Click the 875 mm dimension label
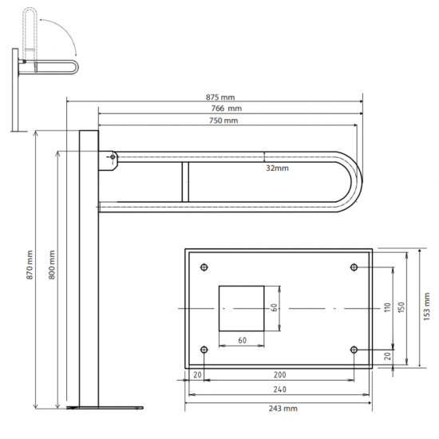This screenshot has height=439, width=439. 220,97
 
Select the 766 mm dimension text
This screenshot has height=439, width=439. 226,109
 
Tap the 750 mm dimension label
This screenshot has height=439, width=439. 223,121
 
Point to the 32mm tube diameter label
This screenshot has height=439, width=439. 277,168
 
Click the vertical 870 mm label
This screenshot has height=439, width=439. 30,264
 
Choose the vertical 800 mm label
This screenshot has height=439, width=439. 52,264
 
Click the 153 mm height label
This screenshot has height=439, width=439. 426,307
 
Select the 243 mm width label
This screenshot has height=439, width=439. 283,409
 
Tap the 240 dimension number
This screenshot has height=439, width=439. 279,390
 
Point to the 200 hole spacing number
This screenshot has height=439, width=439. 279,374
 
